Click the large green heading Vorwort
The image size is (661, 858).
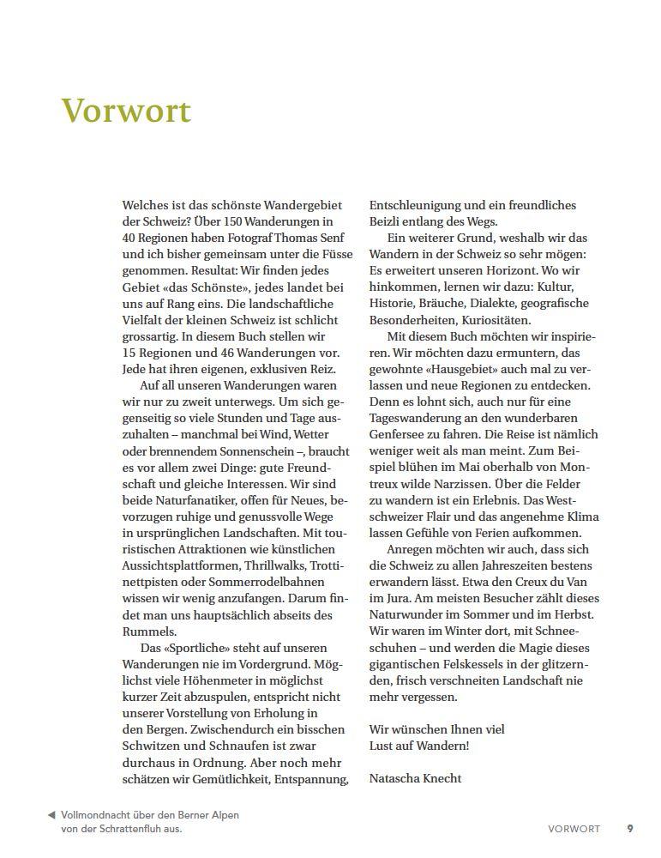126,112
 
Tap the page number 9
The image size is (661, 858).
630,829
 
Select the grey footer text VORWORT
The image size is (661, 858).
574,829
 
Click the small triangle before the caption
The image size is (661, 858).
51,814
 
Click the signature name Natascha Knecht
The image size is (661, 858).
415,778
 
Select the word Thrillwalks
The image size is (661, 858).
277,566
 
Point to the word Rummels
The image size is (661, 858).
149,631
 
